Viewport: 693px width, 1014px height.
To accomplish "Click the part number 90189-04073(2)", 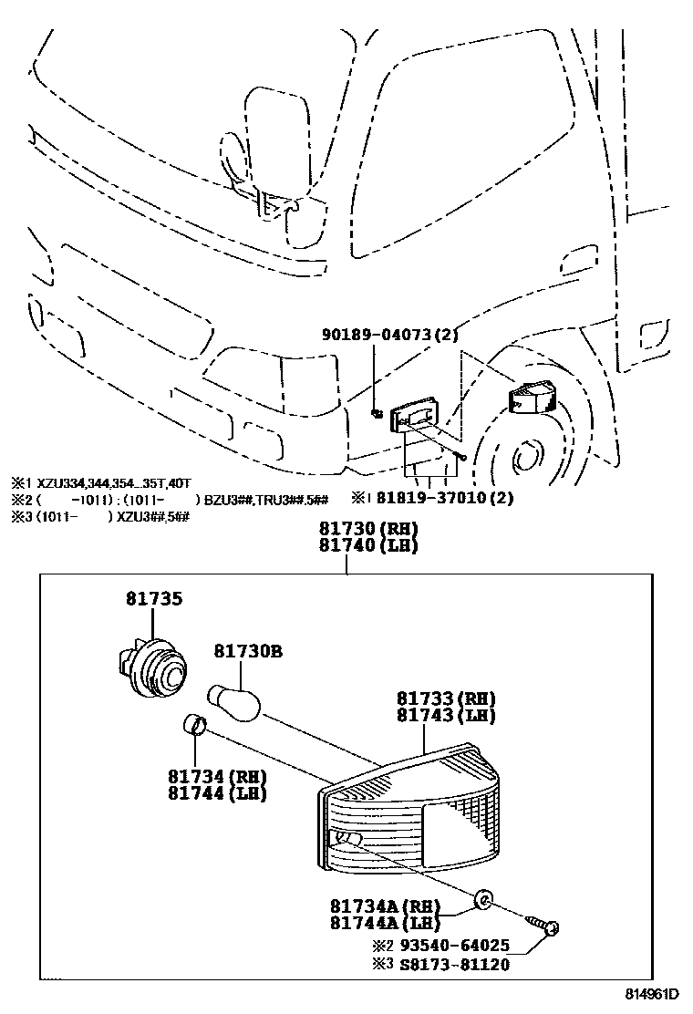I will click(x=389, y=336).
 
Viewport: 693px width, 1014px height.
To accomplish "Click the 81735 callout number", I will click(x=154, y=599).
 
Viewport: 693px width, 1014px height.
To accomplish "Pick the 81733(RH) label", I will click(x=445, y=698).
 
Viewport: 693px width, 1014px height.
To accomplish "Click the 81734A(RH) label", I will click(x=385, y=906).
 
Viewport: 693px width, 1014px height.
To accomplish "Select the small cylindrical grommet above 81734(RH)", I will click(x=192, y=726).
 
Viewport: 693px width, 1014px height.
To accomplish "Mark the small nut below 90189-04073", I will click(x=376, y=413).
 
